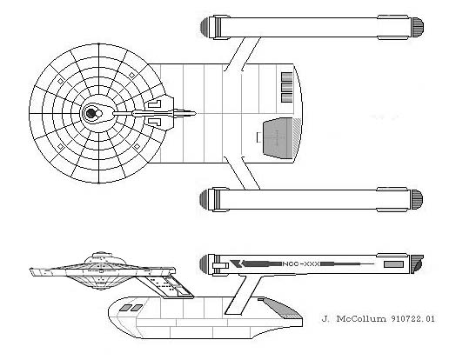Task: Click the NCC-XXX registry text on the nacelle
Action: [x=301, y=264]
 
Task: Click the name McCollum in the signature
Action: [x=361, y=319]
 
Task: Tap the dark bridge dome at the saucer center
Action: [x=91, y=113]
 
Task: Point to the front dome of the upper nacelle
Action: [x=205, y=27]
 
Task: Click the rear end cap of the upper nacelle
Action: [x=418, y=27]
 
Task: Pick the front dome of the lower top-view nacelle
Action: [x=204, y=199]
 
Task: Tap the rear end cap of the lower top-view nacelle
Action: [x=417, y=200]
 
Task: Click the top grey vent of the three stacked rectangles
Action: [x=287, y=77]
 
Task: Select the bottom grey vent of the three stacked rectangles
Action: [x=287, y=97]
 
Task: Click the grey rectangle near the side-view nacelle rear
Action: [x=393, y=264]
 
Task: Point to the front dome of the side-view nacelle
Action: [x=205, y=263]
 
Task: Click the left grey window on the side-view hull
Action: [x=125, y=308]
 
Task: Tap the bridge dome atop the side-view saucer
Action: [x=101, y=255]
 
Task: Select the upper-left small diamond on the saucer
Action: [x=61, y=81]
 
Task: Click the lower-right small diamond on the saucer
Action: [x=137, y=147]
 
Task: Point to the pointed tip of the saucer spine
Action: [x=196, y=113]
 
